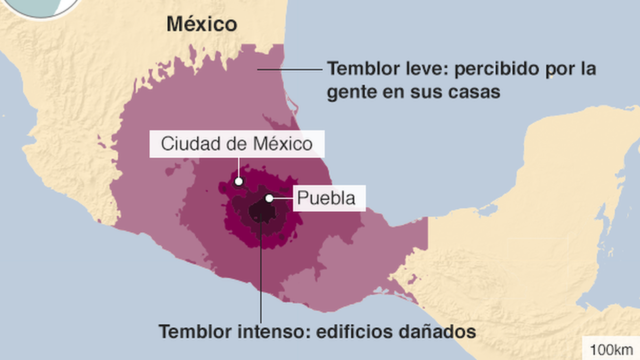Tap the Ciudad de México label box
[x=237, y=144]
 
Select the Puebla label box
[x=326, y=198]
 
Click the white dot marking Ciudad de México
[x=239, y=182]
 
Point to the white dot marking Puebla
[x=268, y=199]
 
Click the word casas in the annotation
[x=469, y=92]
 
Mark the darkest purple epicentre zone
[x=262, y=211]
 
